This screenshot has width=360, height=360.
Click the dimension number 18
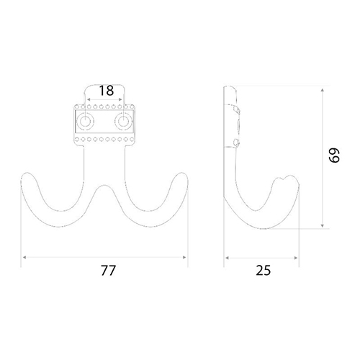(107, 91)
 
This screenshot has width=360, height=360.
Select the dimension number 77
(108, 271)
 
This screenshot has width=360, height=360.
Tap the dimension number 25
(264, 271)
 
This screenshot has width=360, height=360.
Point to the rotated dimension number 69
(334, 156)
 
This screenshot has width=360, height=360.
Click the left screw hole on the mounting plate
(85, 121)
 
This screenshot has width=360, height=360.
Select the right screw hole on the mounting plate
(123, 121)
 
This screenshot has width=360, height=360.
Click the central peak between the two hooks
(104, 186)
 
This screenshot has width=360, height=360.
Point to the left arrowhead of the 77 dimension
(24, 257)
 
